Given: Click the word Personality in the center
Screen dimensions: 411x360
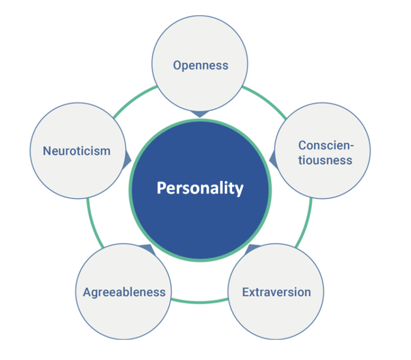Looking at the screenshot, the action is [200, 188].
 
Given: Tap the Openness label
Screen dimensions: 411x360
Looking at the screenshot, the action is [201, 65].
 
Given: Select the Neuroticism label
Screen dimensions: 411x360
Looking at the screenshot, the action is [77, 151].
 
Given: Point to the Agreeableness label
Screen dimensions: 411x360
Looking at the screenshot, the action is [124, 292].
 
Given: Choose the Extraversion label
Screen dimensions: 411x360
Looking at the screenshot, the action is [277, 292].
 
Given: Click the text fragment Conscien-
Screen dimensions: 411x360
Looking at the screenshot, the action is [326, 145].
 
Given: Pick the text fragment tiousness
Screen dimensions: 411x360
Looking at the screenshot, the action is [325, 160].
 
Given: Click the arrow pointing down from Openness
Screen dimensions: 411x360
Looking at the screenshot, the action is [200, 114].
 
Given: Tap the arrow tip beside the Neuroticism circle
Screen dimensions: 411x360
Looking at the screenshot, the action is [131, 160].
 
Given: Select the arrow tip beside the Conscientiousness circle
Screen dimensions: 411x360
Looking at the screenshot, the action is [270, 159].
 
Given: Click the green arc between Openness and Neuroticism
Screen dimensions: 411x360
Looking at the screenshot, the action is [133, 99].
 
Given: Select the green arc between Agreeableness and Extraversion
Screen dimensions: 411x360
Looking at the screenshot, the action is [200, 302].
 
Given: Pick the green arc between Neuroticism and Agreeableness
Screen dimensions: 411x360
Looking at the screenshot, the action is [93, 224].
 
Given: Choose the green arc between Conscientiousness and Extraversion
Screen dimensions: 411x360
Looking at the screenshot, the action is [306, 224].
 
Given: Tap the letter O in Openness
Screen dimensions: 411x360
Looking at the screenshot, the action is [178, 65].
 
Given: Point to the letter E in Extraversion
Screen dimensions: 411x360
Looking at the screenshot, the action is [246, 292].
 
